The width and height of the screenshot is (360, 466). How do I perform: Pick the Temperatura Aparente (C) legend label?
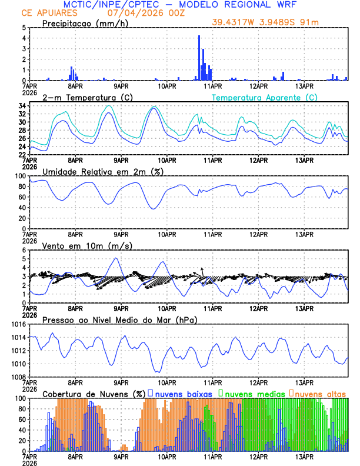pyautogui.click(x=264, y=97)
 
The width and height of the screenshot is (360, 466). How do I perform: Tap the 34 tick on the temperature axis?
pyautogui.click(x=22, y=106)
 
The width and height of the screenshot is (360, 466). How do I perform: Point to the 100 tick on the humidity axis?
pyautogui.click(x=19, y=176)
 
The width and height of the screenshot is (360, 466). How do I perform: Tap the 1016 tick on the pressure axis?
pyautogui.click(x=17, y=324)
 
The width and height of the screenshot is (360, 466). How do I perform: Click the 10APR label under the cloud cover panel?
pyautogui.click(x=167, y=457)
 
